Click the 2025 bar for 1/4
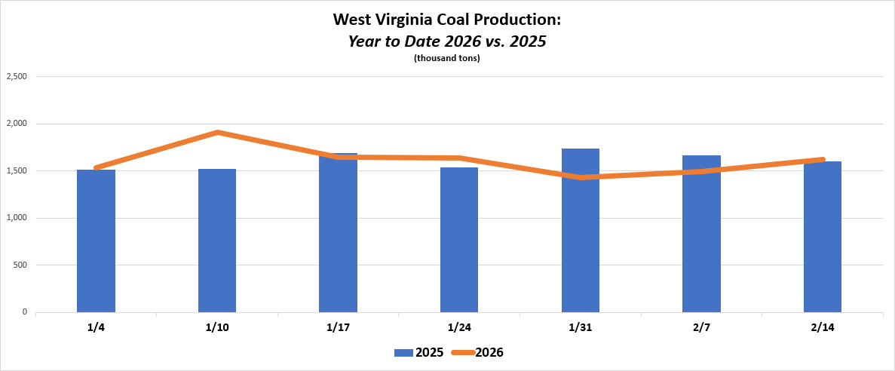96,241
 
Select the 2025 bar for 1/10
217,241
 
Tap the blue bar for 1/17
338,234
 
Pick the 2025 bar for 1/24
459,241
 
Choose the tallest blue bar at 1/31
581,231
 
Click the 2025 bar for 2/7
701,234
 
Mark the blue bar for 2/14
823,237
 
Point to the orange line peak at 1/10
217,133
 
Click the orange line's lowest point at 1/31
581,177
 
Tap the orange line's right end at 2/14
822,160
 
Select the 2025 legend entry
418,352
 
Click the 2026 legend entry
478,352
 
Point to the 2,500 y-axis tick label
17,77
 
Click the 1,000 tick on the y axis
17,218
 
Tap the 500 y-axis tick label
20,265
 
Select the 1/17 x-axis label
338,327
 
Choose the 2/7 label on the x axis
701,327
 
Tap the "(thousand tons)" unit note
447,58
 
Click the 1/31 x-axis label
581,327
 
